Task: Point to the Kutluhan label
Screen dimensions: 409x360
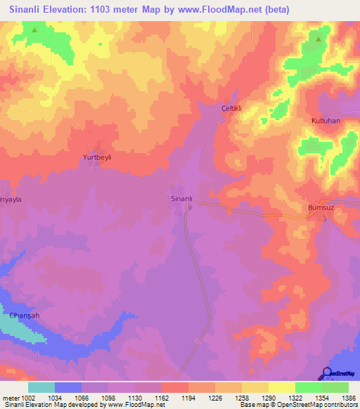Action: pyautogui.click(x=326, y=121)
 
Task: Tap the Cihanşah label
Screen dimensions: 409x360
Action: pyautogui.click(x=25, y=316)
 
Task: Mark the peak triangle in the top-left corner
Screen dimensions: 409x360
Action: pyautogui.click(x=34, y=30)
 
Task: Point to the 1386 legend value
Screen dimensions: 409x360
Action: pyautogui.click(x=348, y=398)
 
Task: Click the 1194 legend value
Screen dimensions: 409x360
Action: pyautogui.click(x=188, y=398)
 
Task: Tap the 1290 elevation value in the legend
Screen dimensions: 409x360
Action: pyautogui.click(x=268, y=398)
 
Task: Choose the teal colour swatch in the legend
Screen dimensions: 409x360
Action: pyautogui.click(x=41, y=387)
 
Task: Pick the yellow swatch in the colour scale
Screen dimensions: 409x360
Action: pyautogui.click(x=281, y=387)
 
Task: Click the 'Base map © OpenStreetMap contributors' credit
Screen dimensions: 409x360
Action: pyautogui.click(x=298, y=405)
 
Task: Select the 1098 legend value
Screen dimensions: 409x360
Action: pyautogui.click(x=108, y=398)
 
